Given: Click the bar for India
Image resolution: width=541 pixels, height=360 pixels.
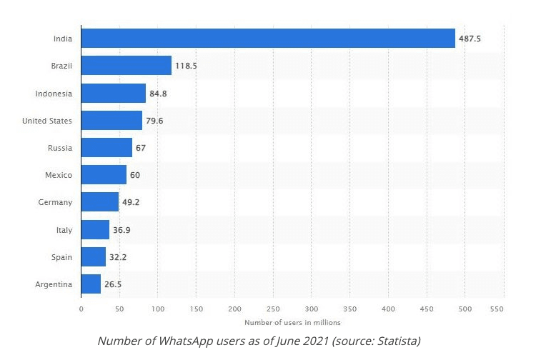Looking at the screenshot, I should point(268,39).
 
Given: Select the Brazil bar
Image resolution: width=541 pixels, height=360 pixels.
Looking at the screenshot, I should point(126,66).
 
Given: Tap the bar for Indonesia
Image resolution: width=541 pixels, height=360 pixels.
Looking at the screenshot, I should point(114,93).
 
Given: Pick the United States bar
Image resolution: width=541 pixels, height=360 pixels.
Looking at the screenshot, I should point(111,120).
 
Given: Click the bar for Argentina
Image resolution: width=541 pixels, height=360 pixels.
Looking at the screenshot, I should point(91,284).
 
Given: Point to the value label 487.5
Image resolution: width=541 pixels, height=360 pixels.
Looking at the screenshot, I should point(470,39).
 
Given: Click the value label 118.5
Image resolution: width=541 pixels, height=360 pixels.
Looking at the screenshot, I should point(187,66).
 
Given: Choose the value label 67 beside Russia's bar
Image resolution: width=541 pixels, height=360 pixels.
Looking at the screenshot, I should point(141,148).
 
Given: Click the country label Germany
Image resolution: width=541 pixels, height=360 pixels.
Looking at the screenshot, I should point(55,202).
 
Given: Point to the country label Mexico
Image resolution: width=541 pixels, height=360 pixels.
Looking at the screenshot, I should point(58,175).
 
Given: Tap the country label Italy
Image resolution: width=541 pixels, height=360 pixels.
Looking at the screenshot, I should point(63,229).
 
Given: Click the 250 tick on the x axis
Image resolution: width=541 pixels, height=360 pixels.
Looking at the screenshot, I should point(273,309).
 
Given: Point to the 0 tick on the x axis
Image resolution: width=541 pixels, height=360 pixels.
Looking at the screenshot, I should point(81,309).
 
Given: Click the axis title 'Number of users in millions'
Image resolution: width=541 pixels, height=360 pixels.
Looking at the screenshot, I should point(292,323).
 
